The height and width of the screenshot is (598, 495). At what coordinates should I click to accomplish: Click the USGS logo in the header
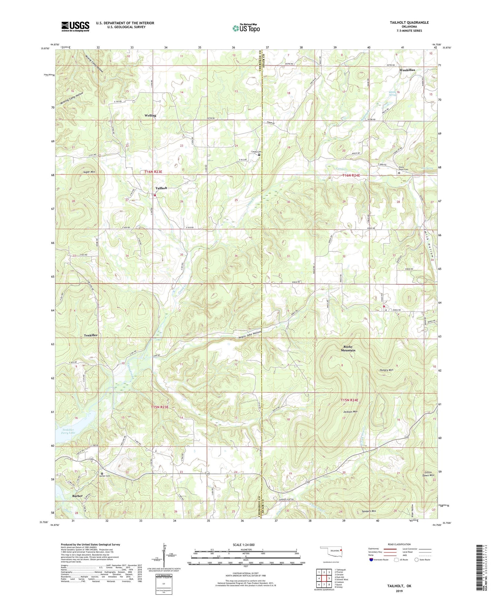click(75, 26)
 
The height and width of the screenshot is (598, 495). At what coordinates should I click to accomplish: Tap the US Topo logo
click(246, 28)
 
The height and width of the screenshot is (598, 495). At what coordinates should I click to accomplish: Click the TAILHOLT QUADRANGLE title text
click(409, 22)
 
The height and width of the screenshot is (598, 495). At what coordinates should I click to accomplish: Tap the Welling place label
click(150, 115)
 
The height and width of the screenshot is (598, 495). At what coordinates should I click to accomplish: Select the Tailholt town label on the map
click(161, 188)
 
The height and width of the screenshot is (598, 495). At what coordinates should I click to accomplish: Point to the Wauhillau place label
click(407, 70)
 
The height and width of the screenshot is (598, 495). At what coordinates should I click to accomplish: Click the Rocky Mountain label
click(348, 348)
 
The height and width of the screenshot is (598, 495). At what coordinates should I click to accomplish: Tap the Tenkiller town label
click(90, 335)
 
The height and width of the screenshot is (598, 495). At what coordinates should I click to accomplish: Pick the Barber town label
click(77, 496)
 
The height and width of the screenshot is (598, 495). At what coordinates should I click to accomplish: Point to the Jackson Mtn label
click(350, 412)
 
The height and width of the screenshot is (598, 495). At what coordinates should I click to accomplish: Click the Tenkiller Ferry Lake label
click(68, 431)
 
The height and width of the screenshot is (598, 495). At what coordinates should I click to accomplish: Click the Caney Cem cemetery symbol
click(259, 155)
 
